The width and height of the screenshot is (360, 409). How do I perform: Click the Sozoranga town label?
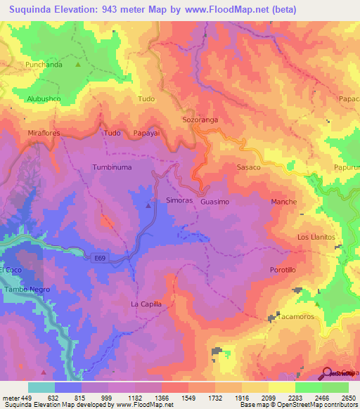(x=200, y=120)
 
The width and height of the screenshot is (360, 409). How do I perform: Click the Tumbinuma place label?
(x=112, y=167)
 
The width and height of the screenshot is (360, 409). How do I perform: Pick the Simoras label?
(x=179, y=201)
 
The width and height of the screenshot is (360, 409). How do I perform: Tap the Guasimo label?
(x=214, y=202)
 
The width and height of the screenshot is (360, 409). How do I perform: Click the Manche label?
(x=284, y=202)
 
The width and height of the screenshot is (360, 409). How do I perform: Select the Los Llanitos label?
(x=316, y=237)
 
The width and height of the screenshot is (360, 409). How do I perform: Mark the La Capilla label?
(x=146, y=304)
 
